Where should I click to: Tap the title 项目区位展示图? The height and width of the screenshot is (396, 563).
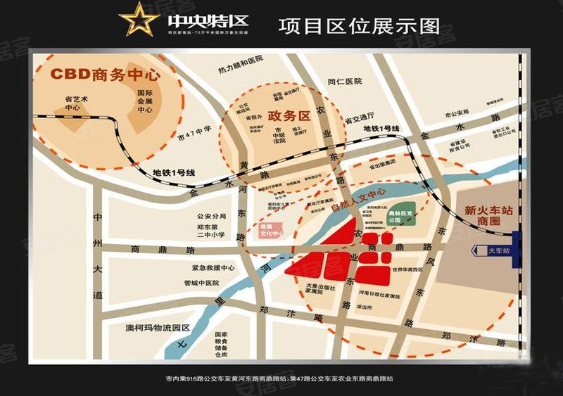[359, 26]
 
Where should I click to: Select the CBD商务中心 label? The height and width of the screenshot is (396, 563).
[106, 74]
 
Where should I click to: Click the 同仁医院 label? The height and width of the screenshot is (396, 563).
[344, 82]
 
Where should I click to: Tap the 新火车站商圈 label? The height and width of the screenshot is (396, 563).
[488, 216]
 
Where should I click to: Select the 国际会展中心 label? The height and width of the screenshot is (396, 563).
[145, 101]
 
